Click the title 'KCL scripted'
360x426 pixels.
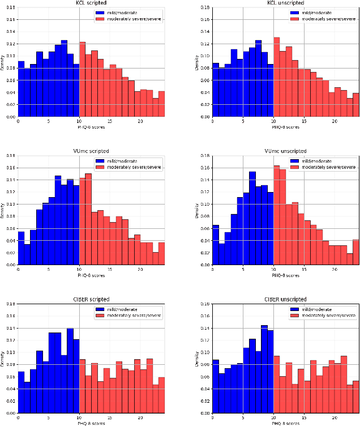tap(92, 3)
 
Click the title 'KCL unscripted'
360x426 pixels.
tap(285, 3)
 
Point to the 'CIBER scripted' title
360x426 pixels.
tap(92, 299)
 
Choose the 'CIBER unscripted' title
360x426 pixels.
tap(285, 299)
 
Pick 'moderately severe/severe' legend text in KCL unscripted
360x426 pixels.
tap(323, 19)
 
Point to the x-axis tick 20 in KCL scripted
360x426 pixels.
tap(140, 121)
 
